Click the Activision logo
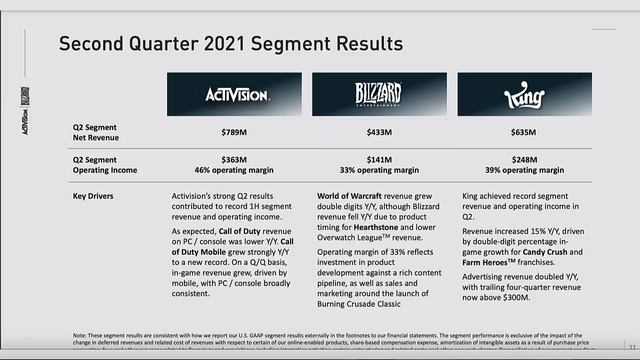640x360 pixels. tap(236, 95)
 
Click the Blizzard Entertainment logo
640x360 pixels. tap(379, 95)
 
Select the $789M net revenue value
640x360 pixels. tap(236, 132)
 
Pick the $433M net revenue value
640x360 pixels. tap(379, 132)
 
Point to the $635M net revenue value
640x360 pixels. tap(522, 132)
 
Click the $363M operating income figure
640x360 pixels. tap(236, 160)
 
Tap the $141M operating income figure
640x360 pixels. tap(379, 160)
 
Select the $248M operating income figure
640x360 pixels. tap(522, 160)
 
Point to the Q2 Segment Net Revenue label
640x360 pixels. tap(101, 132)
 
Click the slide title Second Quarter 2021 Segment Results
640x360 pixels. tap(231, 44)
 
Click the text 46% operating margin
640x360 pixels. tap(236, 171)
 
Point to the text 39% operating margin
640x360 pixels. tap(522, 171)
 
